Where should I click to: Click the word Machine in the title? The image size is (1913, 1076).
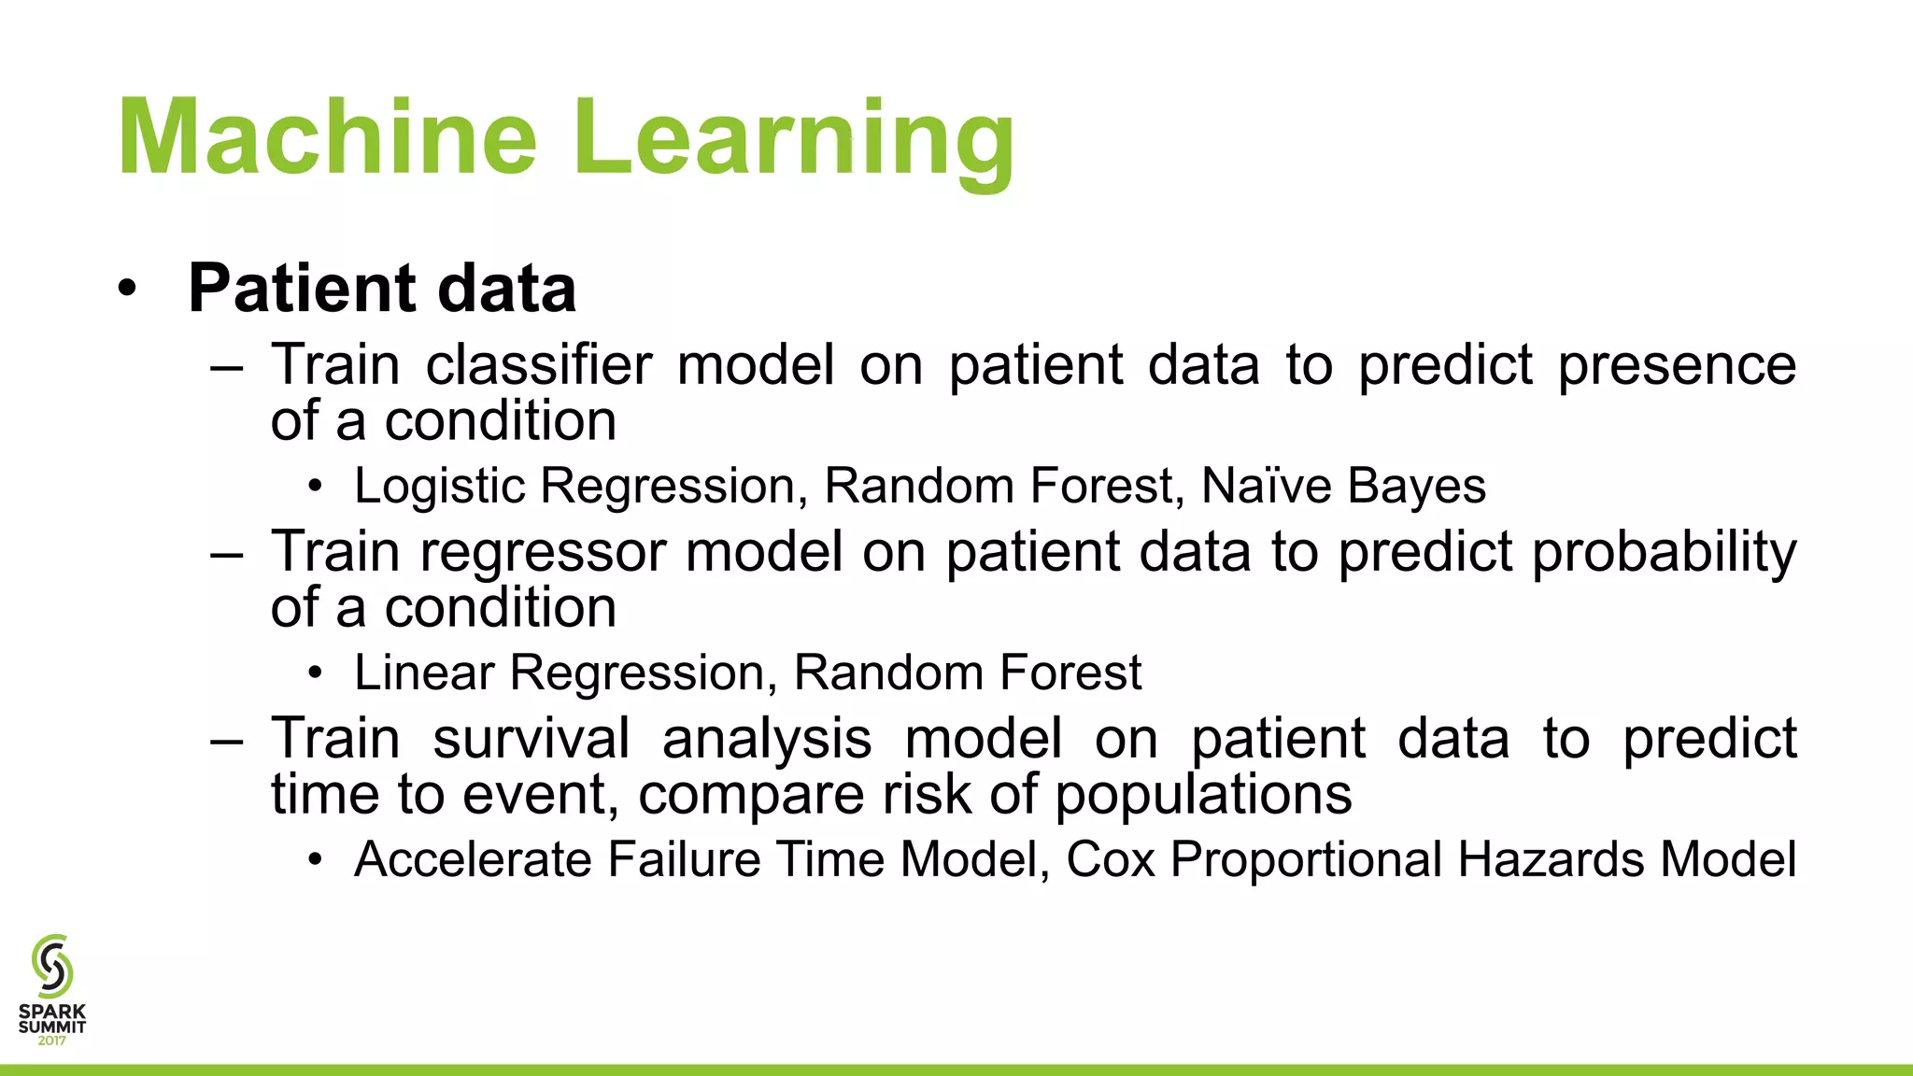pos(327,137)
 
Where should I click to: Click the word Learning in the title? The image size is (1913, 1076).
pos(794,140)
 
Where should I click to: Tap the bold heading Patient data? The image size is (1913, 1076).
pos(382,289)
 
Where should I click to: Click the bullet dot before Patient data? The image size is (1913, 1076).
pos(128,289)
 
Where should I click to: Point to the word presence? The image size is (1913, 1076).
pos(1677,366)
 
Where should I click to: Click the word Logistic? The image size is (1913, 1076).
pos(440,487)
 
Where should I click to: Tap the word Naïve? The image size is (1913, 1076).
pos(1266,486)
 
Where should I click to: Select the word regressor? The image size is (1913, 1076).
pos(543,553)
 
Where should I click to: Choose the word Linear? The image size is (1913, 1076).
pos(424,672)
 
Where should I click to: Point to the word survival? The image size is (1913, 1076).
pos(531,739)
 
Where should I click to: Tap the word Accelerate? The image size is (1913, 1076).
pos(473,859)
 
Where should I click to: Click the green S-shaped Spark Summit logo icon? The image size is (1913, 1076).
pos(51,966)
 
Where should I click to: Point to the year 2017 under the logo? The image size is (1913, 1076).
pos(52,1041)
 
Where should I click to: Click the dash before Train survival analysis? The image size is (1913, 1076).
pos(227,741)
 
